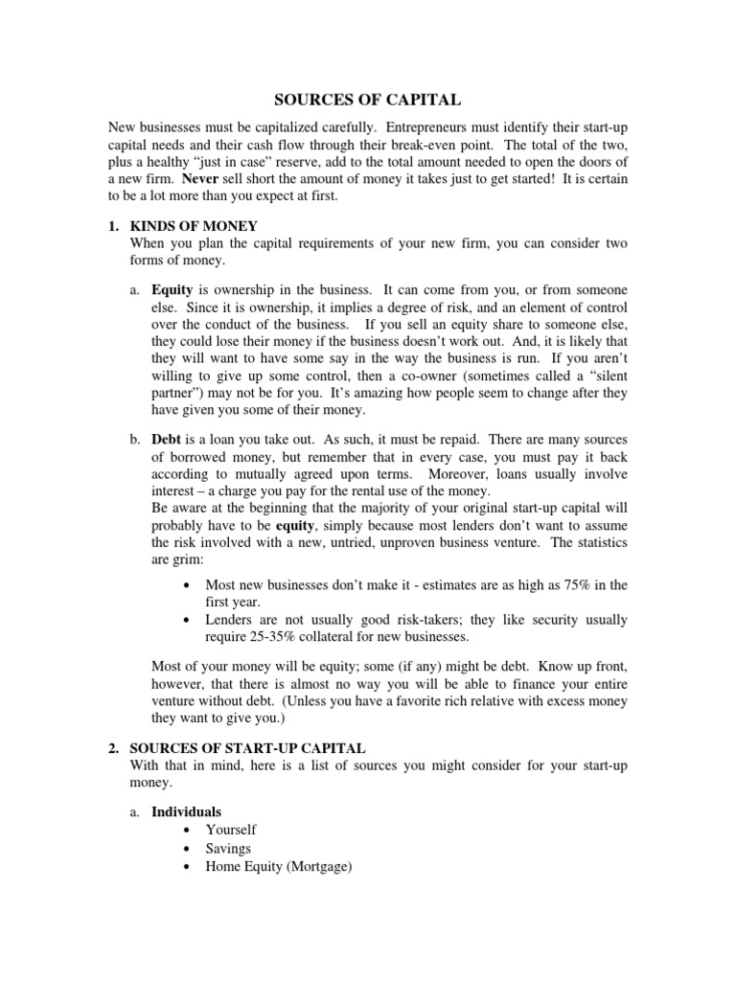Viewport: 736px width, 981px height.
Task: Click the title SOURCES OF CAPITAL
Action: [369, 99]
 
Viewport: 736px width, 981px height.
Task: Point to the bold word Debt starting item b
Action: [169, 438]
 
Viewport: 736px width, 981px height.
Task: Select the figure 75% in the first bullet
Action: [585, 584]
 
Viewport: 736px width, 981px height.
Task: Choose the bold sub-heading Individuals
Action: [187, 811]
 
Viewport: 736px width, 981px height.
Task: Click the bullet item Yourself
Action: [231, 830]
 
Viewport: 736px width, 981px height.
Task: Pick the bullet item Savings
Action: [228, 848]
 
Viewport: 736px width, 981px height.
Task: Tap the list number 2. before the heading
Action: [113, 747]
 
